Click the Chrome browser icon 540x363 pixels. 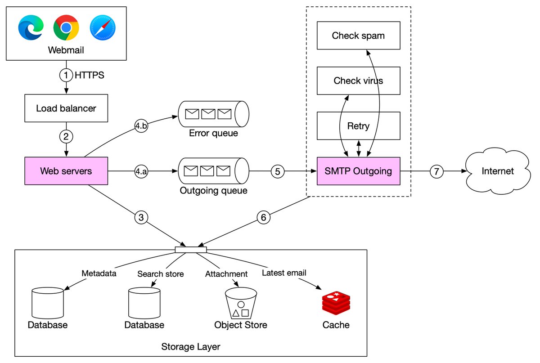tap(66, 28)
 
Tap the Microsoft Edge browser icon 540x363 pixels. tap(31, 28)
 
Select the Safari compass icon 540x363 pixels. tap(102, 28)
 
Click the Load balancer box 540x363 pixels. tap(66, 108)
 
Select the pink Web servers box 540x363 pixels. tap(66, 171)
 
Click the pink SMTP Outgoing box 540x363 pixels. tap(358, 171)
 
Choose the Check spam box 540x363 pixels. tap(358, 36)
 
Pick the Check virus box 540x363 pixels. tap(358, 81)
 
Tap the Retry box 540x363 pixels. tap(358, 125)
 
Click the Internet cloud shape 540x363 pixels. tap(497, 171)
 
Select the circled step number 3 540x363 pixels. tap(141, 217)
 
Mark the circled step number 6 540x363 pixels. tap(264, 217)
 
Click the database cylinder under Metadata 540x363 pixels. tap(47, 303)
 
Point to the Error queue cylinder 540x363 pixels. tap(213, 114)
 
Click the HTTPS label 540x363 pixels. tap(89, 76)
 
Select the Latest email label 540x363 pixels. tap(284, 273)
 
